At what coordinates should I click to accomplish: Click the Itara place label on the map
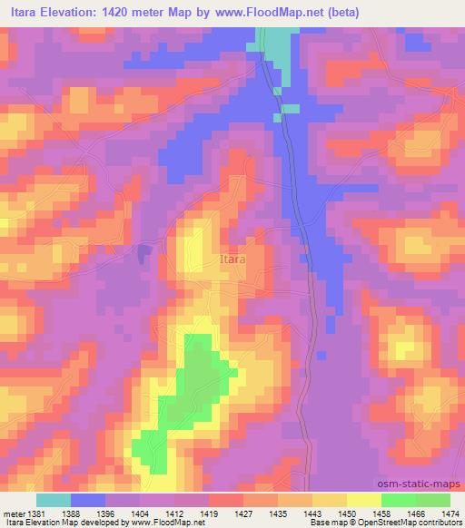[x=232, y=259]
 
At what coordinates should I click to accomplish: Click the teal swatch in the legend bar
[x=54, y=500]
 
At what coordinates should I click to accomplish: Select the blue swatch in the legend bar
[x=88, y=500]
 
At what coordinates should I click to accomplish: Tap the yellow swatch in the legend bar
[x=364, y=500]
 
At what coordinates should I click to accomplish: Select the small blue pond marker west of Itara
[x=143, y=254]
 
